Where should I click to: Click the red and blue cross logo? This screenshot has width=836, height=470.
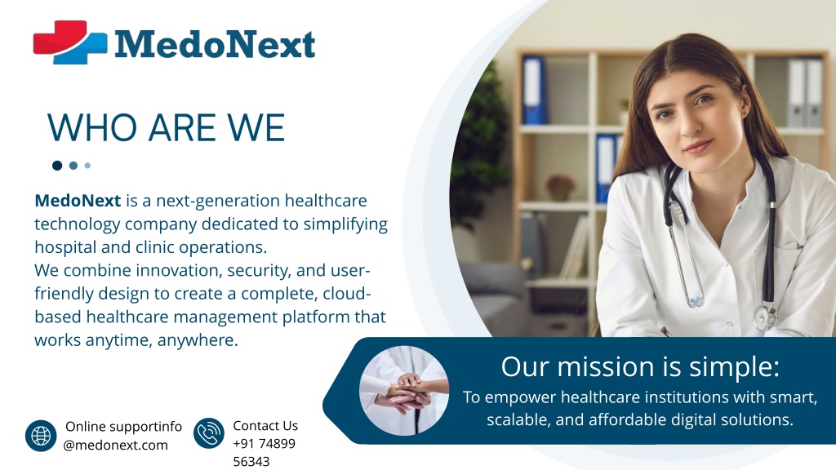(70, 42)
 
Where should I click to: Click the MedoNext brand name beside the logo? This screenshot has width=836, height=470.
(215, 44)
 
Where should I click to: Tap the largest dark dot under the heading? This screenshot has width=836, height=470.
(57, 166)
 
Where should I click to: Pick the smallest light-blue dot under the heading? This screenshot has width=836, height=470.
(87, 166)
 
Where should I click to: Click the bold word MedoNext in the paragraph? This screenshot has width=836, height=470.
(78, 201)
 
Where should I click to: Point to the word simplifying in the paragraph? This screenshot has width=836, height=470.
(345, 225)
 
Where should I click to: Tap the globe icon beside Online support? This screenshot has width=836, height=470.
(41, 436)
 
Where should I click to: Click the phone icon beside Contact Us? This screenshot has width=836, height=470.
(209, 432)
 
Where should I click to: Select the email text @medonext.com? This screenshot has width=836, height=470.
(115, 446)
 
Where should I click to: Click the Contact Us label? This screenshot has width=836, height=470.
(265, 426)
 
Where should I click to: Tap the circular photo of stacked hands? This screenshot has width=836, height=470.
(404, 391)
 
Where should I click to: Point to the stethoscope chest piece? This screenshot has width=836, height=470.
(765, 317)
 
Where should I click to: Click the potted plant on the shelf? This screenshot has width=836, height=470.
(560, 188)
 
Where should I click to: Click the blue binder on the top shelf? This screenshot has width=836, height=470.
(533, 90)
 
